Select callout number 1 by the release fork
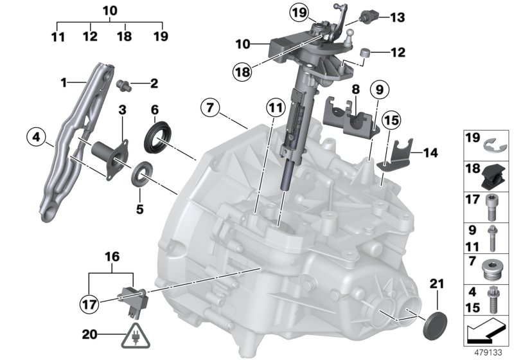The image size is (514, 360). click(x=63, y=83)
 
